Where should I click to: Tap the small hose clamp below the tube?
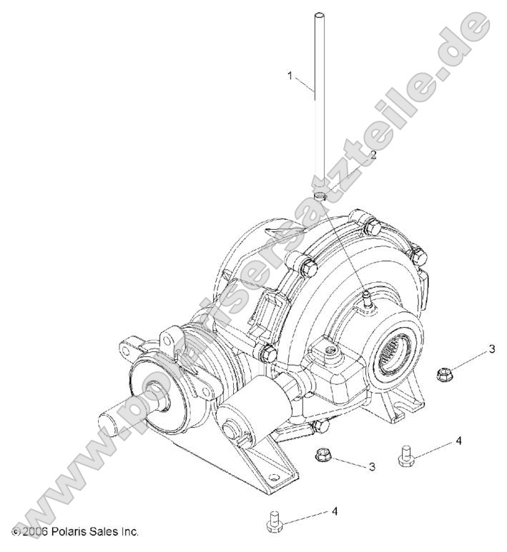click(x=321, y=195)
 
